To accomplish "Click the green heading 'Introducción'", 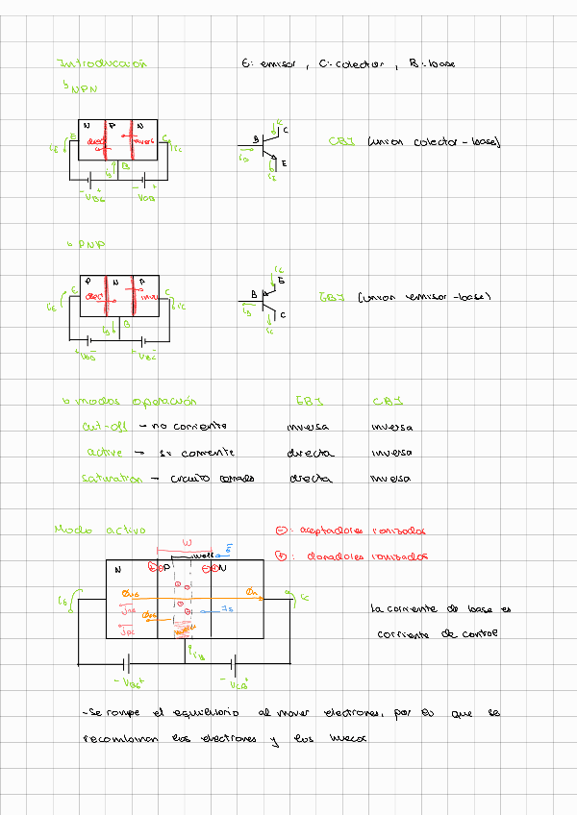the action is (x=103, y=63).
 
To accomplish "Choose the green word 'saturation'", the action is (x=113, y=478).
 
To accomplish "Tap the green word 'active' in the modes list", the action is (x=104, y=451).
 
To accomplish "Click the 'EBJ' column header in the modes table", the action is (x=307, y=400).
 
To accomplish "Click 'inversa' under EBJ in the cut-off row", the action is (x=308, y=427).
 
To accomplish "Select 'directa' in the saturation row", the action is (x=309, y=478).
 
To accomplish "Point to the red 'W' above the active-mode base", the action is (x=188, y=542).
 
